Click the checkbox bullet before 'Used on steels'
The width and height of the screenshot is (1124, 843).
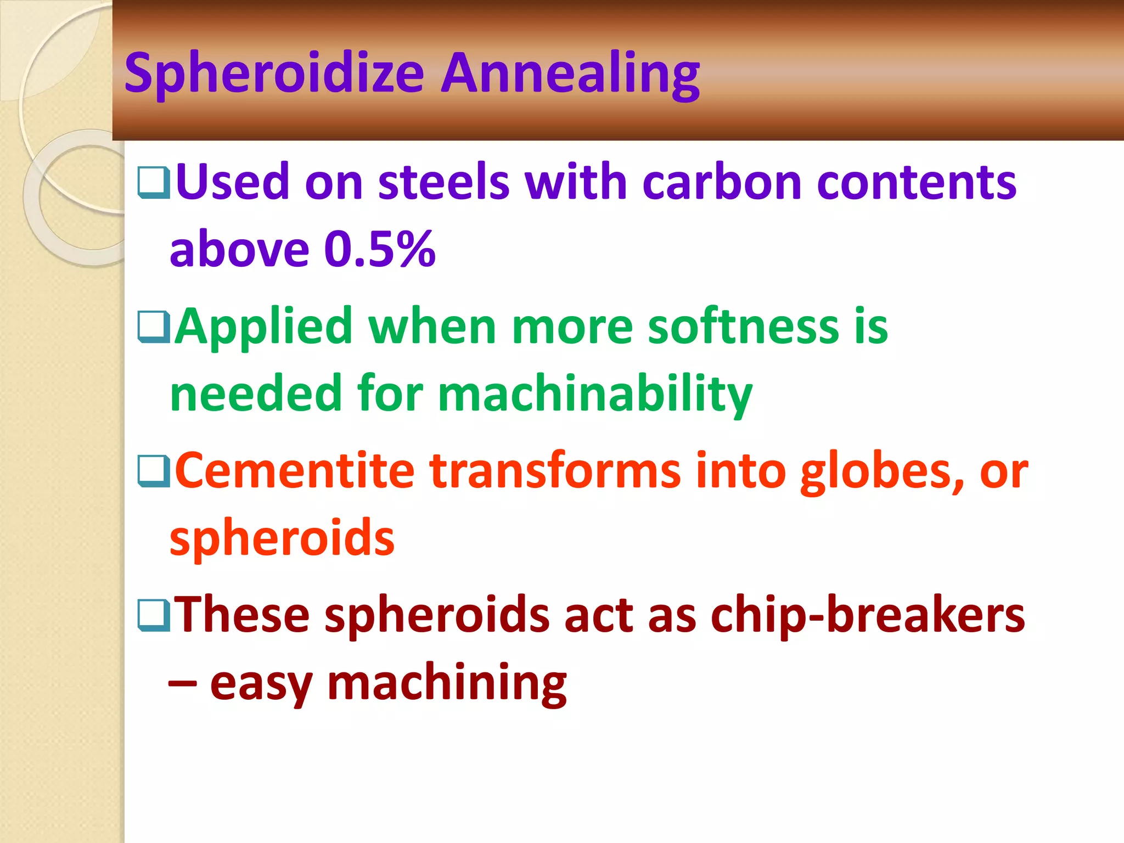coord(154,183)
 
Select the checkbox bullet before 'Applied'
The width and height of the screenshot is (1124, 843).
coord(154,327)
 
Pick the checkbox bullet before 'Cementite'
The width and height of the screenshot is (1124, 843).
coord(154,471)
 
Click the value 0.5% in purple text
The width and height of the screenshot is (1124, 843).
coord(380,250)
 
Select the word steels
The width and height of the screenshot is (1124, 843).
coord(443,182)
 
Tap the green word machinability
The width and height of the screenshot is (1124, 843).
coord(595,394)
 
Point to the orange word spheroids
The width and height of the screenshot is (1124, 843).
coord(282,538)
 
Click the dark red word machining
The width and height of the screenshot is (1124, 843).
coord(447,684)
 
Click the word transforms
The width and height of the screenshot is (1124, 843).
coord(555,471)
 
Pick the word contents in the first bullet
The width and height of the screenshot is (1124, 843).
coord(916,182)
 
